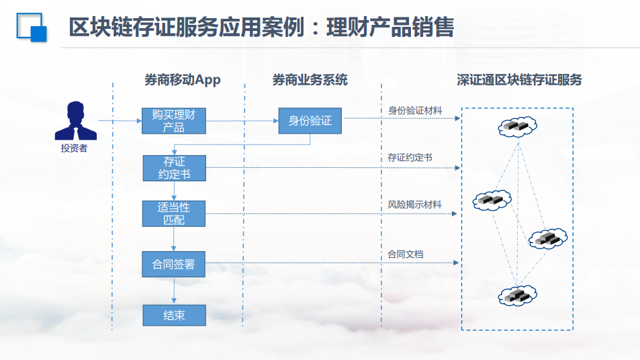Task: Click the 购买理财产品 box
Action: pyautogui.click(x=174, y=121)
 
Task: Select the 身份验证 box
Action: pyautogui.click(x=310, y=121)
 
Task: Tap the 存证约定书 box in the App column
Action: pyautogui.click(x=175, y=168)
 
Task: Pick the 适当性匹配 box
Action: pyautogui.click(x=174, y=214)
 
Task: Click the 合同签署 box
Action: pyautogui.click(x=173, y=264)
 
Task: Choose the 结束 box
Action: pyautogui.click(x=175, y=315)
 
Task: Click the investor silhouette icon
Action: pyautogui.click(x=76, y=121)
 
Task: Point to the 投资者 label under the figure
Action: pyautogui.click(x=75, y=148)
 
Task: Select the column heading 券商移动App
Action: pyautogui.click(x=183, y=80)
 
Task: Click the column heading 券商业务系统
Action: pyautogui.click(x=310, y=80)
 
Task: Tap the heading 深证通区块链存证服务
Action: pyautogui.click(x=519, y=80)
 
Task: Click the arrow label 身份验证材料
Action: pyautogui.click(x=415, y=111)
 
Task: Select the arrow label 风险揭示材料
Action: pyautogui.click(x=414, y=204)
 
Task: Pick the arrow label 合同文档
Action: pyautogui.click(x=405, y=255)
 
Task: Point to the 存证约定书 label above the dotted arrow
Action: pyautogui.click(x=410, y=158)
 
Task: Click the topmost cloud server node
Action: pyautogui.click(x=517, y=126)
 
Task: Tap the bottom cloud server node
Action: pyautogui.click(x=517, y=296)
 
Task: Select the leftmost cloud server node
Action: pyautogui.click(x=492, y=200)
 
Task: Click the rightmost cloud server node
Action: pyautogui.click(x=548, y=238)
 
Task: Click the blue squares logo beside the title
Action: pyautogui.click(x=32, y=28)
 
